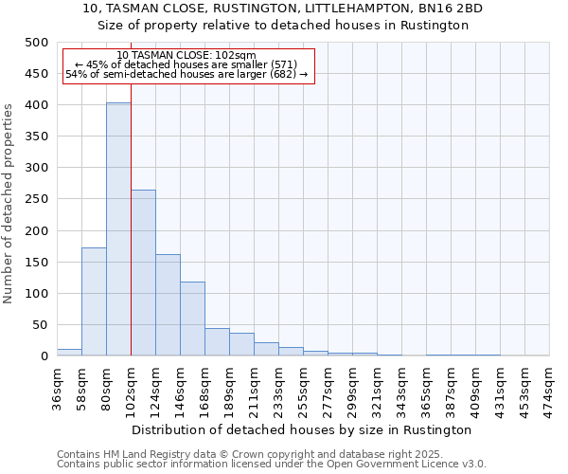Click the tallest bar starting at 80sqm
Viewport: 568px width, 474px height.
point(118,229)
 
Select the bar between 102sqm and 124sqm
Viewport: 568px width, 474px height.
point(143,273)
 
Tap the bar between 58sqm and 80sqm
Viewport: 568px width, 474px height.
point(94,301)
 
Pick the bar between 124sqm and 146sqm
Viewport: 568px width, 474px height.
point(168,305)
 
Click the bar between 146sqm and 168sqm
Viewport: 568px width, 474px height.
point(192,319)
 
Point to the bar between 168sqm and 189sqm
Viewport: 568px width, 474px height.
point(217,342)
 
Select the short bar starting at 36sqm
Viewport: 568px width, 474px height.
point(69,353)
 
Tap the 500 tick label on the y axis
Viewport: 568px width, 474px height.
point(37,43)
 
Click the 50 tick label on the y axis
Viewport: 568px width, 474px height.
point(40,325)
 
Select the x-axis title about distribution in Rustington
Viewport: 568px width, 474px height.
point(303,429)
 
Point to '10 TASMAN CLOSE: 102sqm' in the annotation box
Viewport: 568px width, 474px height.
point(186,56)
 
